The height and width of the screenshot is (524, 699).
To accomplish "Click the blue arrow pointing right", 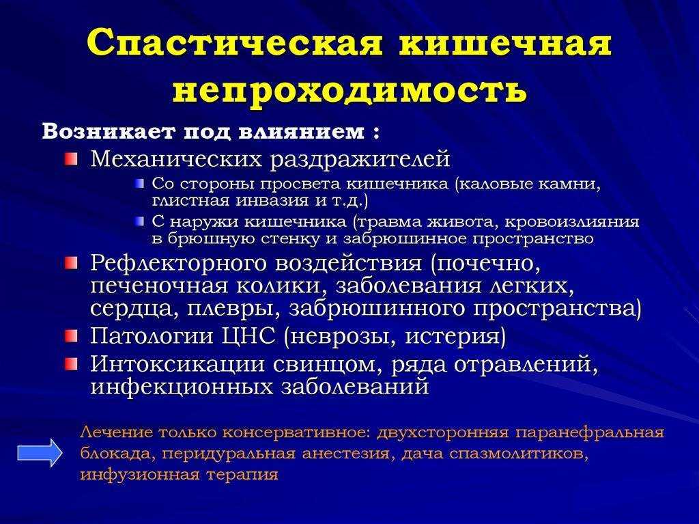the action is (40, 452).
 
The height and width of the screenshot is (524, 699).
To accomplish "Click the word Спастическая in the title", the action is (235, 43).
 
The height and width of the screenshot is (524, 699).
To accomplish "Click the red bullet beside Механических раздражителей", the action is (70, 159).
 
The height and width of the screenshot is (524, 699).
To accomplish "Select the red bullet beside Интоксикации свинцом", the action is (70, 364).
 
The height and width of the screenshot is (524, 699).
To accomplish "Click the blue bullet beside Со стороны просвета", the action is (141, 184).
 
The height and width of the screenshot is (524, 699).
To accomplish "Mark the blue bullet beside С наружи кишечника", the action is (141, 221).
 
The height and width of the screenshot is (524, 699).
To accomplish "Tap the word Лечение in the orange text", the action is (116, 432).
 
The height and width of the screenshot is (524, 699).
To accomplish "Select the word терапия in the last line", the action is (242, 475).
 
